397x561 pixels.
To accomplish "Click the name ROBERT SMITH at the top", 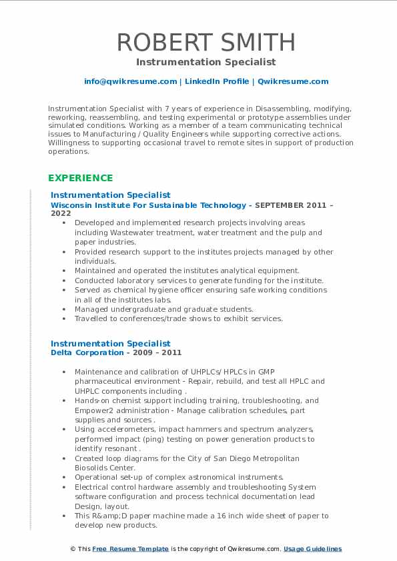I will [x=206, y=42].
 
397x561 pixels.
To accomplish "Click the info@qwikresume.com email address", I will [x=130, y=81].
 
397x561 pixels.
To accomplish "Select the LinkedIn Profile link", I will [x=216, y=81].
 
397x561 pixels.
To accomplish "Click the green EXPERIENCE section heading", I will [x=80, y=178].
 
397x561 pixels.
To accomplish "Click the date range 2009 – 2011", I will [x=155, y=352].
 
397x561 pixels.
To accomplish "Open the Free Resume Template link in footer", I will [x=130, y=549].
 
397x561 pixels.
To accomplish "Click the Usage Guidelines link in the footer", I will [x=312, y=549].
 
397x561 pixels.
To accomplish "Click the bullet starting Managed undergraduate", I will [x=163, y=309].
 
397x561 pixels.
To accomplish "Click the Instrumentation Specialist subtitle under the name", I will [x=206, y=62].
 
